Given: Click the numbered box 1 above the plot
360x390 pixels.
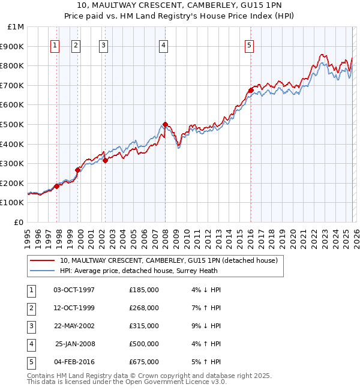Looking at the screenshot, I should click(x=55, y=44).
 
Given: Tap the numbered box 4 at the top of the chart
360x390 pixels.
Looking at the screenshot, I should click(x=163, y=44).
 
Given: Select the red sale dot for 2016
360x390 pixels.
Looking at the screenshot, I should click(x=251, y=91).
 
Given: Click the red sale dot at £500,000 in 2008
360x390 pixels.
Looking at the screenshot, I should click(x=165, y=124).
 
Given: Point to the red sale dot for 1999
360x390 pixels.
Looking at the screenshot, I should click(x=77, y=170).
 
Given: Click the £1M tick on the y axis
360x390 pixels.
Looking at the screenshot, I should click(x=16, y=27).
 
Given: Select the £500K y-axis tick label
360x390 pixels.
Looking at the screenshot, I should click(x=13, y=124).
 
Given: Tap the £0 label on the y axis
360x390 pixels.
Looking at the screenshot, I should click(x=19, y=222).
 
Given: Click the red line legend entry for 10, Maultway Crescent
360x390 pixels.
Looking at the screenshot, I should click(x=169, y=261).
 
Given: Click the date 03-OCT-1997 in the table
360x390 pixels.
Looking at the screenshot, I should click(x=74, y=290).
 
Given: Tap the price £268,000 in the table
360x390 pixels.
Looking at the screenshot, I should click(x=144, y=308).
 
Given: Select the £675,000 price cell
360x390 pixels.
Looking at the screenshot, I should click(x=144, y=362).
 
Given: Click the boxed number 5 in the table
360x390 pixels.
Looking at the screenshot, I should click(x=31, y=362).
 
